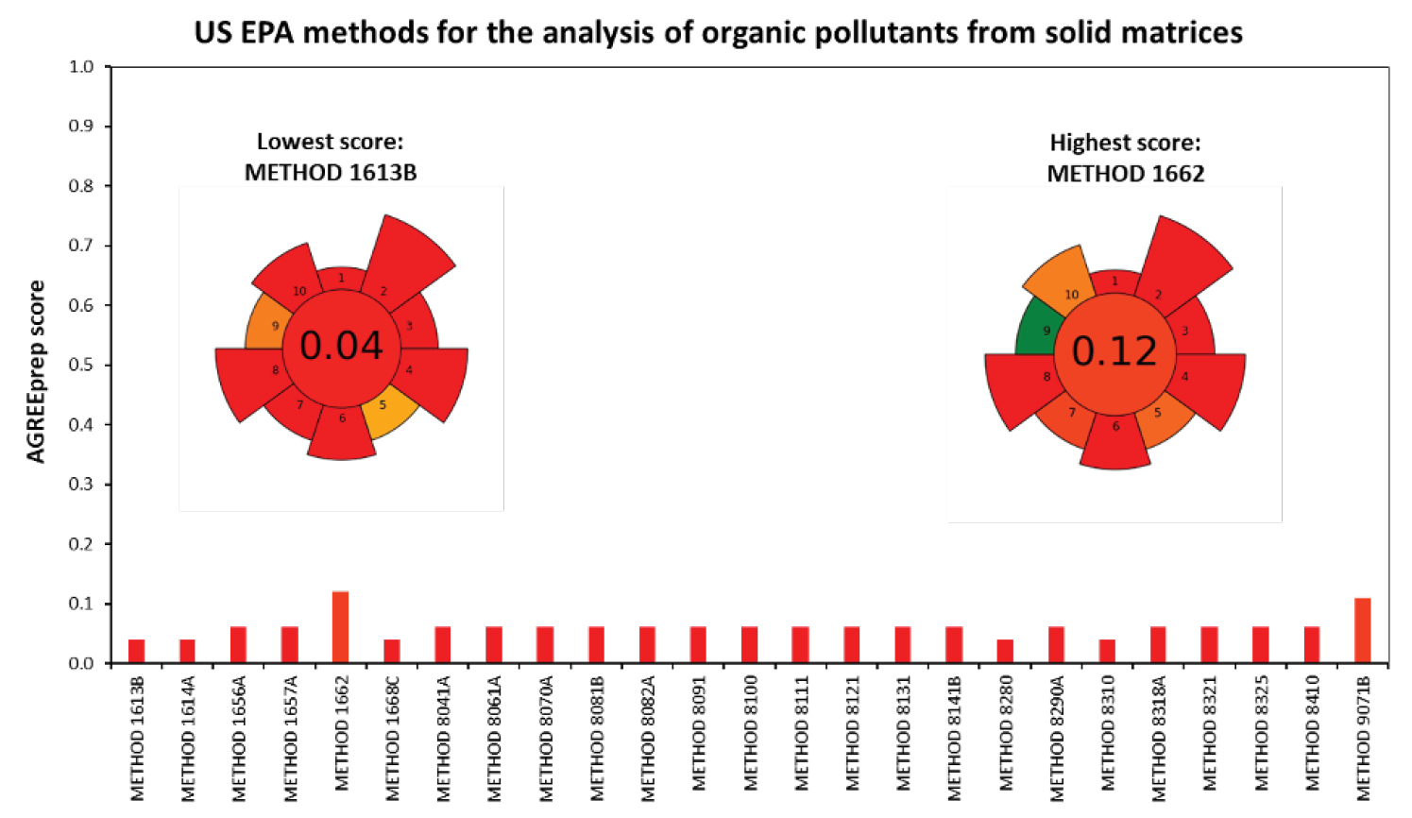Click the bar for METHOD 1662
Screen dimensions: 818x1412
(x=341, y=627)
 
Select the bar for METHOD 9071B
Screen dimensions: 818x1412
(x=1362, y=630)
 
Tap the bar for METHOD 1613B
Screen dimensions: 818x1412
(x=137, y=651)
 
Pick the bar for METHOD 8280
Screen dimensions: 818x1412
(x=1005, y=651)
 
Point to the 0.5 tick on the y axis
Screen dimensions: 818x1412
(x=108, y=365)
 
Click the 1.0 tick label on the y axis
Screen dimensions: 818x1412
(x=81, y=67)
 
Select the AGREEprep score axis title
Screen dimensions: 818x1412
(x=36, y=371)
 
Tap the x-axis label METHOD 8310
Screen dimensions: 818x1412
(x=1107, y=733)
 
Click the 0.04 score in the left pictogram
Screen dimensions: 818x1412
(x=341, y=346)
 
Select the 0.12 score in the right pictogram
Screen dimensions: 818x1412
(x=1114, y=351)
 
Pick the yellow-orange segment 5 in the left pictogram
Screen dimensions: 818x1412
(x=391, y=412)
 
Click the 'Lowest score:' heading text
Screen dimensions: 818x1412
(x=330, y=142)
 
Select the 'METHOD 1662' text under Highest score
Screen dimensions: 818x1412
(x=1126, y=174)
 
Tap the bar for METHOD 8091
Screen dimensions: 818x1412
(x=698, y=644)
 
